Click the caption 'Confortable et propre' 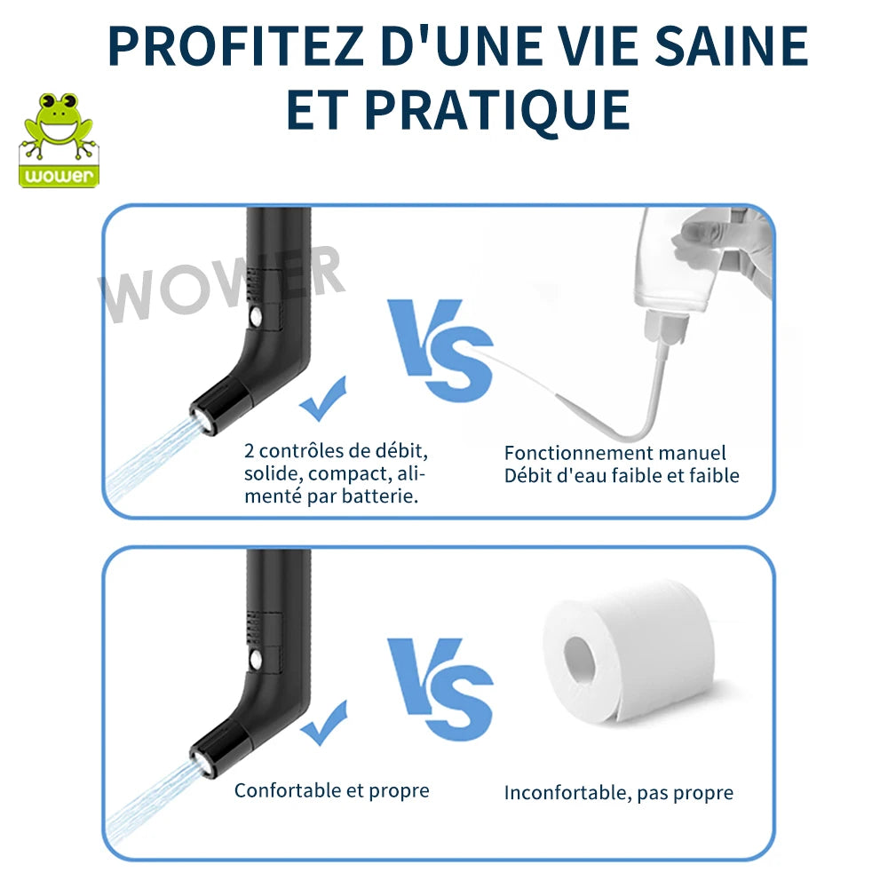(331, 789)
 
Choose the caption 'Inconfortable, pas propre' (619, 792)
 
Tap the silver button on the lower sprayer (257, 661)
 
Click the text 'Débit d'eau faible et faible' (622, 475)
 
